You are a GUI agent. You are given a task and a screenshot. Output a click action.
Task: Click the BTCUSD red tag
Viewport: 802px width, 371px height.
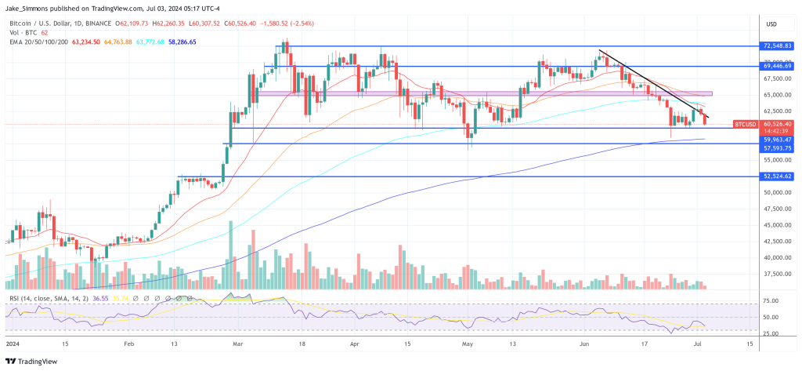(x=744, y=124)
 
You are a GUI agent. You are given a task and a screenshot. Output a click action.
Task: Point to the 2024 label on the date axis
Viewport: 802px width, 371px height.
(x=13, y=344)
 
